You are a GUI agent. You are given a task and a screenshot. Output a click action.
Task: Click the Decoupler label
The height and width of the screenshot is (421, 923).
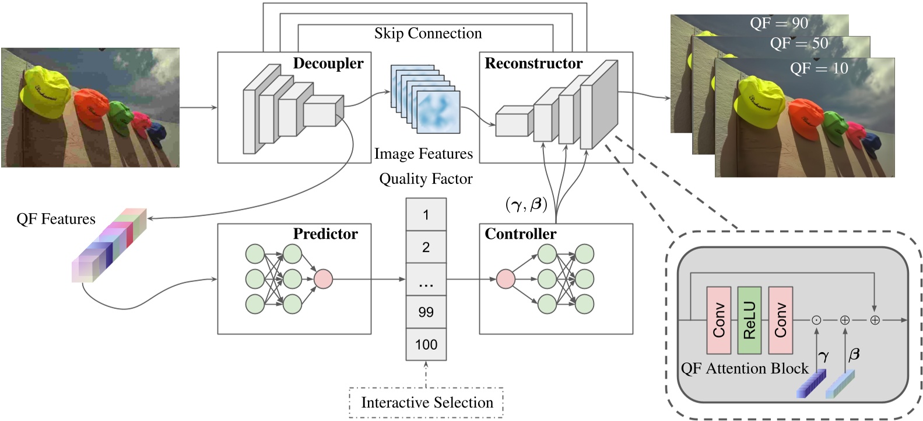(x=328, y=63)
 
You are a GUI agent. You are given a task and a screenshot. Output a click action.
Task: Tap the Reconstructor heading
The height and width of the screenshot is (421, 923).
(x=533, y=63)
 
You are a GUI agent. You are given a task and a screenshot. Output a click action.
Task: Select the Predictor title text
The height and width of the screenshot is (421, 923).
(x=325, y=234)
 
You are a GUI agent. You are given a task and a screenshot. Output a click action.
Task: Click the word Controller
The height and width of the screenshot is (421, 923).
(x=520, y=234)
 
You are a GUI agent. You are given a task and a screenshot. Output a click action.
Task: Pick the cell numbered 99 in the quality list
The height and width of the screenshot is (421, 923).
(x=426, y=312)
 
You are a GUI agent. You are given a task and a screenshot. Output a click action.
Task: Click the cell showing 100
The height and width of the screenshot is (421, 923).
(x=426, y=345)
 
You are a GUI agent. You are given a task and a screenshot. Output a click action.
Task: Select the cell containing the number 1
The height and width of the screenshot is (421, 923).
(x=426, y=215)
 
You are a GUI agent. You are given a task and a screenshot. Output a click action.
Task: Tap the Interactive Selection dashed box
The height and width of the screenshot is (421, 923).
(x=426, y=402)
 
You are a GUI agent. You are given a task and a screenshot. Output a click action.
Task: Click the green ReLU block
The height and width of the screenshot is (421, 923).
(x=749, y=320)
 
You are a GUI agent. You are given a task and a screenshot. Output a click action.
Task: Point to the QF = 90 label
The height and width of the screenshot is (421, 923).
(x=778, y=23)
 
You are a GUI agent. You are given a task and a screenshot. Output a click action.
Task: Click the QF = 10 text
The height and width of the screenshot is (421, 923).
(x=819, y=68)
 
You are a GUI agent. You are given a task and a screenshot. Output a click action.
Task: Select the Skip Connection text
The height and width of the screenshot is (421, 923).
(x=428, y=33)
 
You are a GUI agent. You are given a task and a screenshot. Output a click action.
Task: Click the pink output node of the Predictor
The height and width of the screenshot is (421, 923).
(x=323, y=279)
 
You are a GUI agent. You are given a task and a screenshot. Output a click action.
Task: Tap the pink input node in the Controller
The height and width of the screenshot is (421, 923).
(x=506, y=279)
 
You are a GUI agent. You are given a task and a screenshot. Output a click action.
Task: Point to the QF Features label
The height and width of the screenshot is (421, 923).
(x=56, y=219)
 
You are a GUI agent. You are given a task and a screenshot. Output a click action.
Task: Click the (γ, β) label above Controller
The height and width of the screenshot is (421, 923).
(x=526, y=204)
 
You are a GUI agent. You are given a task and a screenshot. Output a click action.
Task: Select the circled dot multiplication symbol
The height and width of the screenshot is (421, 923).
(x=816, y=320)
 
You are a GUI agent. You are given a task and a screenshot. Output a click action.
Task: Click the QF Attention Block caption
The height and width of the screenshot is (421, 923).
(x=745, y=368)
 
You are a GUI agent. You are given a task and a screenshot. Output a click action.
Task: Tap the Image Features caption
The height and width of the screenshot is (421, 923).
(x=423, y=154)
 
